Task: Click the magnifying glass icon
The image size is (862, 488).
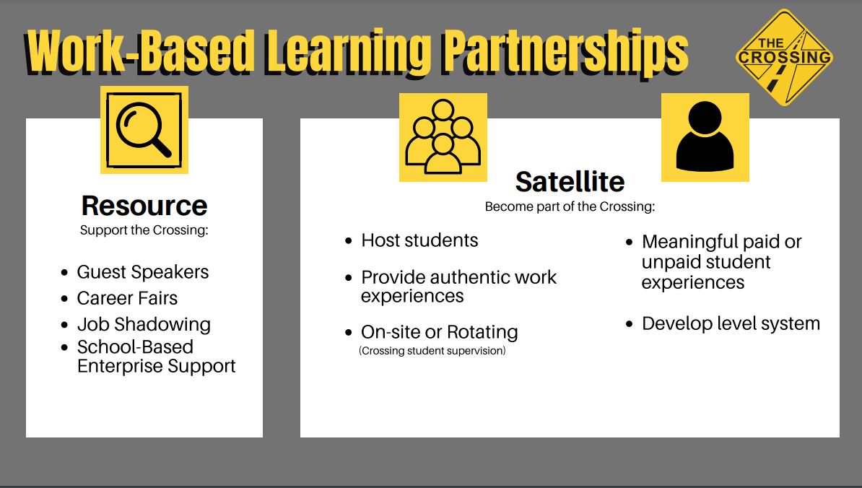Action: coord(144,130)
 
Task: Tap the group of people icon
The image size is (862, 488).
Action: coord(443,137)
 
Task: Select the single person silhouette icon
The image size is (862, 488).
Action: coord(705,137)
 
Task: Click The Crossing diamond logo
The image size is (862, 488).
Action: coord(785,57)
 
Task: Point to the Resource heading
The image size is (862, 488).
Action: coord(144,206)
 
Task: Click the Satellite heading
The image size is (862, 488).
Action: coord(570,182)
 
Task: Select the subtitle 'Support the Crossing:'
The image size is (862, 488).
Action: coord(144,230)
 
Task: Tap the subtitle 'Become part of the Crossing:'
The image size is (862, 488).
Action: coord(570,206)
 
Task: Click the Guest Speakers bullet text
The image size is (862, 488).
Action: coord(143,272)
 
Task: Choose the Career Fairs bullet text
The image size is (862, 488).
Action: coord(127,298)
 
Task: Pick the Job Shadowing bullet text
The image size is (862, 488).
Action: coord(144,325)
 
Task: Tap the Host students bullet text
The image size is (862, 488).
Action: coord(419,240)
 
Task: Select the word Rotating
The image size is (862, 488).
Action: coord(482,332)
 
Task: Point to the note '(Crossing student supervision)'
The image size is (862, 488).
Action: coord(432,351)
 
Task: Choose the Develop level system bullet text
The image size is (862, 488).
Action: coord(731,323)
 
